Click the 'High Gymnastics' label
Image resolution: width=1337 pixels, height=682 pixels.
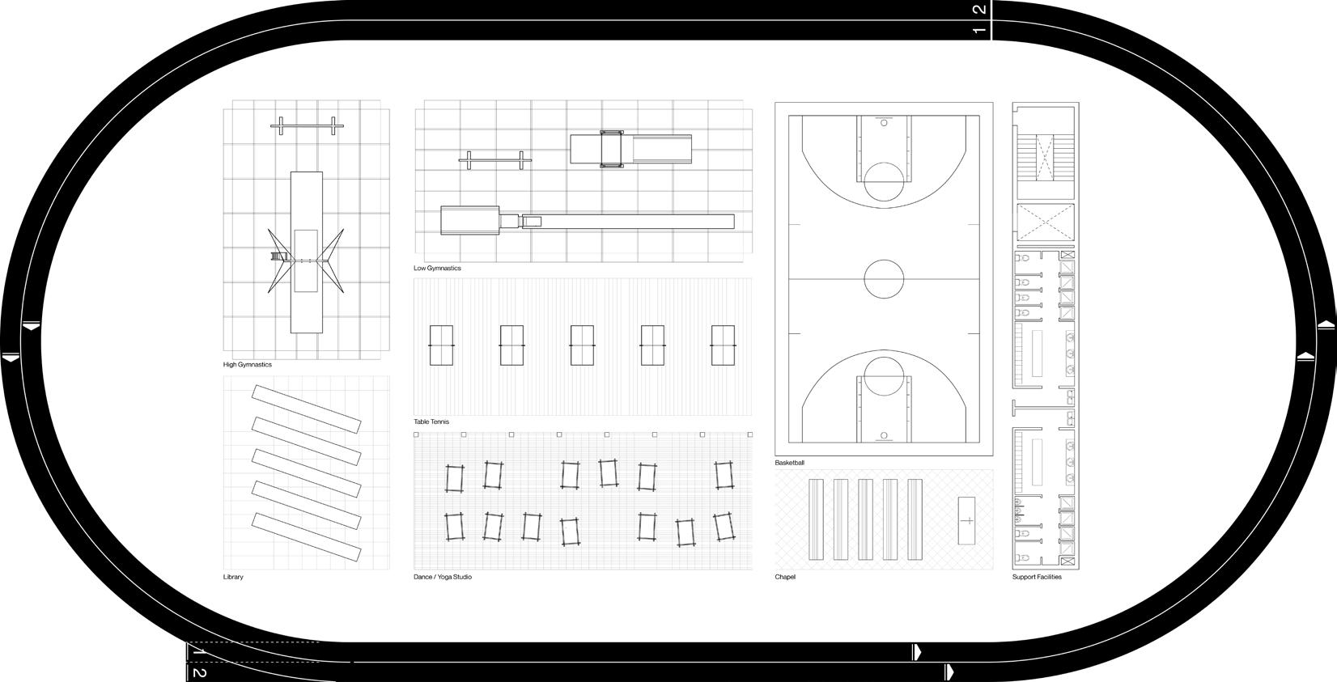tap(248, 365)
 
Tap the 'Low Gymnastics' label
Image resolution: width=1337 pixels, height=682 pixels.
tap(437, 268)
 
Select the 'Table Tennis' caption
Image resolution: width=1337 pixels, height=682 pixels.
tap(431, 421)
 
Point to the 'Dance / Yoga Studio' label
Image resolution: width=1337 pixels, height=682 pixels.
tap(443, 577)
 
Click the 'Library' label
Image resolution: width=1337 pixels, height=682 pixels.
tap(233, 577)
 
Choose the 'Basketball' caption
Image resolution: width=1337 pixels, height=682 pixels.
tap(789, 463)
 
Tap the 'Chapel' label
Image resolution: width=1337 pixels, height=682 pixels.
tap(785, 577)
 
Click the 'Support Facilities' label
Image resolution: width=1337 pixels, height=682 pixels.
tap(1037, 577)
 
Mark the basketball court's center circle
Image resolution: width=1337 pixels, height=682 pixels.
tap(884, 278)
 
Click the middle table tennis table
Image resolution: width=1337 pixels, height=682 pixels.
tap(581, 345)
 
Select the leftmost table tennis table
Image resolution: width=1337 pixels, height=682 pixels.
tap(441, 345)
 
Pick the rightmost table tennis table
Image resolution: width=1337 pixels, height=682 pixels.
tap(723, 345)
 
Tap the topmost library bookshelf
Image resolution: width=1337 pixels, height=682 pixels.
tap(307, 409)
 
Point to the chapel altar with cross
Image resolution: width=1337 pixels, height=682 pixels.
tap(967, 520)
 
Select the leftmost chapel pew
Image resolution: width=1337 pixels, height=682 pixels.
tap(816, 519)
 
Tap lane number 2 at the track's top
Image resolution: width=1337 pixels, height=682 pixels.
tap(979, 10)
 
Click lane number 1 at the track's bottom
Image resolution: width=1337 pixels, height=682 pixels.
tap(199, 650)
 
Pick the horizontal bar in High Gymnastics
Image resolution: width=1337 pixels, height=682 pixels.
tap(308, 125)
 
